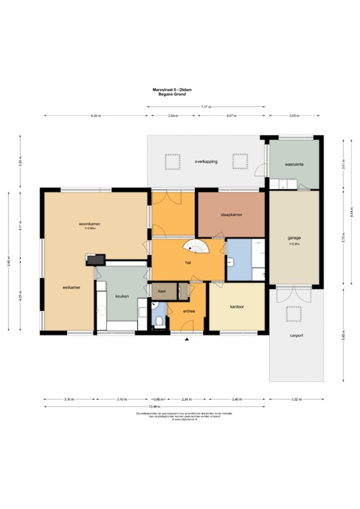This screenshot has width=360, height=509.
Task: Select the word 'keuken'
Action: pyautogui.click(x=121, y=296)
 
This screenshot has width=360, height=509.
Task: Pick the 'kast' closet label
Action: pyautogui.click(x=162, y=290)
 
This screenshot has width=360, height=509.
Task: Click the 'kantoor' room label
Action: pyautogui.click(x=238, y=307)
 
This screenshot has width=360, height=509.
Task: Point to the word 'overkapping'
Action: pyautogui.click(x=206, y=161)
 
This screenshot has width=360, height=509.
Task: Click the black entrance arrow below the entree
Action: pyautogui.click(x=188, y=339)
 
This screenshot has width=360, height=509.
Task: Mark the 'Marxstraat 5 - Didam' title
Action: pyautogui.click(x=172, y=89)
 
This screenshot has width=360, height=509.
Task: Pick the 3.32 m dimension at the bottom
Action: pyautogui.click(x=296, y=400)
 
